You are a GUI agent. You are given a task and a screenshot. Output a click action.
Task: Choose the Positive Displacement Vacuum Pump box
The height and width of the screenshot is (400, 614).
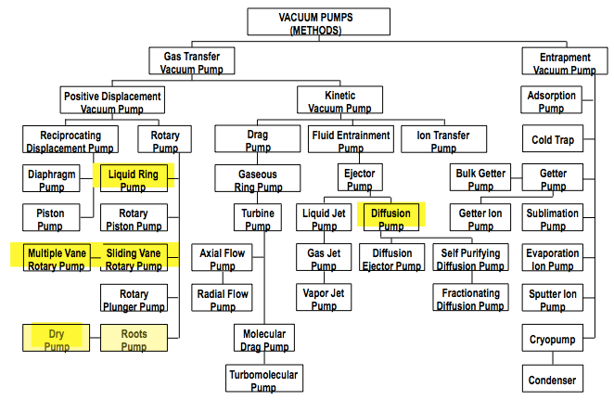(x=112, y=101)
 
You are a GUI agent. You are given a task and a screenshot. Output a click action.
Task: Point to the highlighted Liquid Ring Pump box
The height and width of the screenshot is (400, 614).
(x=133, y=179)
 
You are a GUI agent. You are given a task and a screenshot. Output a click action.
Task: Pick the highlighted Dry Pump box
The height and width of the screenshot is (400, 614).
(x=56, y=339)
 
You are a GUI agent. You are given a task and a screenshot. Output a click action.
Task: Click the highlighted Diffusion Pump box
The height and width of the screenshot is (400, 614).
(x=390, y=219)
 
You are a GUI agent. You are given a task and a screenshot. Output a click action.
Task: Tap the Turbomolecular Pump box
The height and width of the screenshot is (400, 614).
(x=263, y=379)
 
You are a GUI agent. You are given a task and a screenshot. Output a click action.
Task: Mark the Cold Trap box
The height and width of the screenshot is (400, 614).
(x=552, y=141)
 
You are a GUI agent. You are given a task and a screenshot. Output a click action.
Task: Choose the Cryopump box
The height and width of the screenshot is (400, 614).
(x=552, y=340)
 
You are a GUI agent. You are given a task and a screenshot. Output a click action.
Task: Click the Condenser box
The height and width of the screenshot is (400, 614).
(x=552, y=379)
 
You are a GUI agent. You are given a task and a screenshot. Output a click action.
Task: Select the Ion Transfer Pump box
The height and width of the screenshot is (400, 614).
(x=441, y=141)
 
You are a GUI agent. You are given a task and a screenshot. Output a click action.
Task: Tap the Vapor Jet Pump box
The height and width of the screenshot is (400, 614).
(x=324, y=298)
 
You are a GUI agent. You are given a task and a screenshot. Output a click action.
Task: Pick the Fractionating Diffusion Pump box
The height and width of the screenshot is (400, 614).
(x=470, y=298)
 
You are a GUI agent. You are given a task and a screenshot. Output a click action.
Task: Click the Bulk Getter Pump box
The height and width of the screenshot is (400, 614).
(x=480, y=179)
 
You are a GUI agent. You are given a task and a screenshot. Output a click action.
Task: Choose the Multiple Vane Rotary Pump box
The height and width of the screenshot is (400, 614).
(x=56, y=259)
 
